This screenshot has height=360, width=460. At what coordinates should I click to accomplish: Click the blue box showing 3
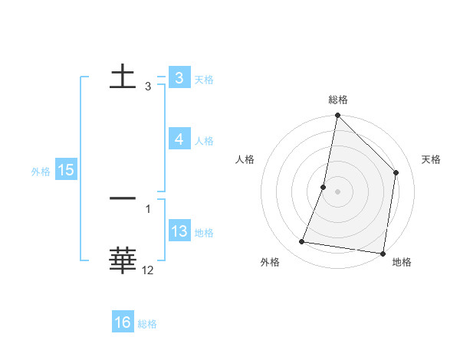pyautogui.click(x=179, y=78)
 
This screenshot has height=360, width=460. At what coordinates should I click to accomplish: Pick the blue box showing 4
pyautogui.click(x=179, y=139)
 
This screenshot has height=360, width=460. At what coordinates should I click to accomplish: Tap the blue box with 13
pyautogui.click(x=179, y=232)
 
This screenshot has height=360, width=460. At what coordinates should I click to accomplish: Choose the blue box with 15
pyautogui.click(x=66, y=171)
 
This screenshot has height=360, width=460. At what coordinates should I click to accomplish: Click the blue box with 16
pyautogui.click(x=123, y=323)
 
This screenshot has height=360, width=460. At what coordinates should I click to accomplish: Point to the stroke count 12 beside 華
pyautogui.click(x=148, y=270)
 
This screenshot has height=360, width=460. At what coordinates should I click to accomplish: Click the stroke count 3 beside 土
pyautogui.click(x=148, y=87)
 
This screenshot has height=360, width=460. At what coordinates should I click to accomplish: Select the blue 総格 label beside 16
pyautogui.click(x=147, y=324)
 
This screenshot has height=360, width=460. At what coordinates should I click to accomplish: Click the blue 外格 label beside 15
pyautogui.click(x=41, y=172)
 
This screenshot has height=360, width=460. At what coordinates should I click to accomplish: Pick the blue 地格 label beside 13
pyautogui.click(x=204, y=233)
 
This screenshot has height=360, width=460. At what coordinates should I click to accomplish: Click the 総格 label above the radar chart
pyautogui.click(x=337, y=100)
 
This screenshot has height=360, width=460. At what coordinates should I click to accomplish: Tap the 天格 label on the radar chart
pyautogui.click(x=431, y=159)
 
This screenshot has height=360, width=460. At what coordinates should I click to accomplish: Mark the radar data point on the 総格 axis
pyautogui.click(x=337, y=116)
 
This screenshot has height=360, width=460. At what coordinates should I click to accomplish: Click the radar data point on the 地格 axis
pyautogui.click(x=383, y=253)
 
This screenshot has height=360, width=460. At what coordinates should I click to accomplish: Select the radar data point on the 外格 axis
pyautogui.click(x=302, y=242)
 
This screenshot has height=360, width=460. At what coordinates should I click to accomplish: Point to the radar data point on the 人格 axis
pyautogui.click(x=324, y=187)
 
